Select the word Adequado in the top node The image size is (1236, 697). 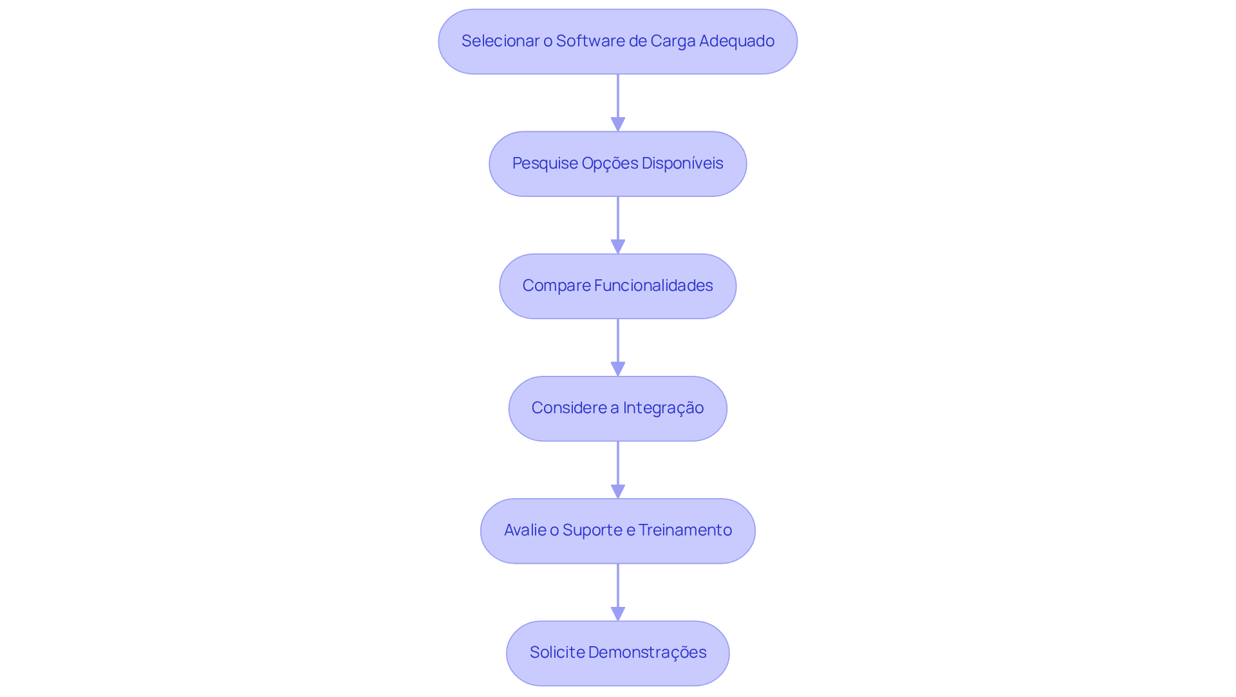click(736, 41)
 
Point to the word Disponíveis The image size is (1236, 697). click(682, 163)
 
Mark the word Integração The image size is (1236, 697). click(663, 408)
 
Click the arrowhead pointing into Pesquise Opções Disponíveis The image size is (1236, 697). click(618, 124)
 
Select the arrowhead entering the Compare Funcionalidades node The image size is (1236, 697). click(618, 246)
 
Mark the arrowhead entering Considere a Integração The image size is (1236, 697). click(618, 369)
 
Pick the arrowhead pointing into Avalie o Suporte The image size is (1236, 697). click(618, 491)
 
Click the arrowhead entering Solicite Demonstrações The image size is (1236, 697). click(618, 613)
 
